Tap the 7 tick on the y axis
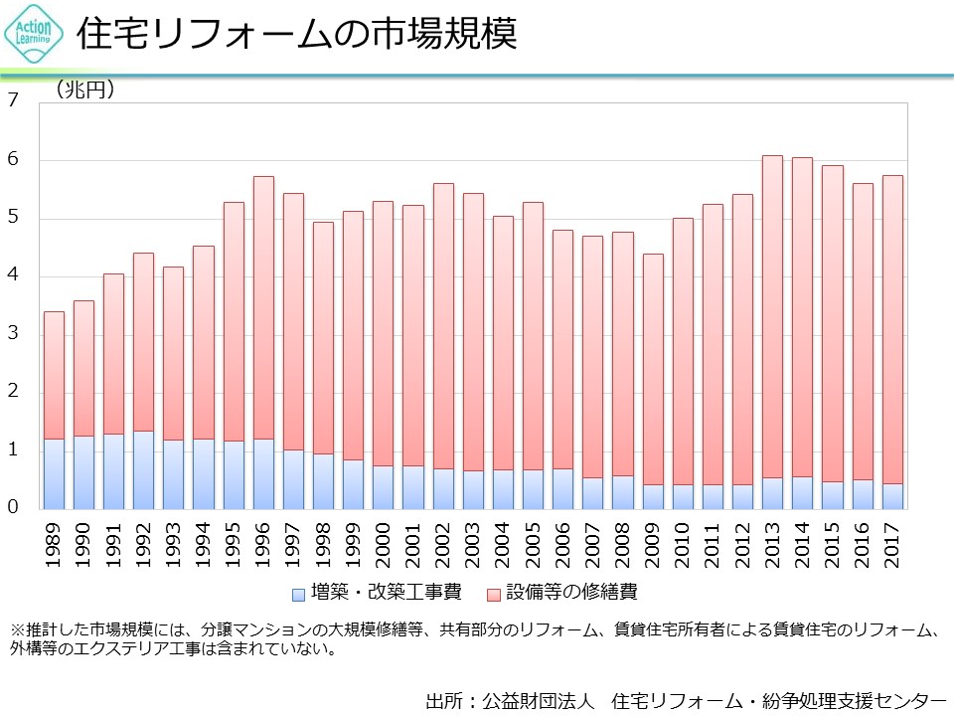[13, 100]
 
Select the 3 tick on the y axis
[13, 334]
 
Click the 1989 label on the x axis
[54, 541]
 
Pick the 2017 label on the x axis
[892, 541]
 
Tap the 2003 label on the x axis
[473, 541]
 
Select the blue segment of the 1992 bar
[143, 469]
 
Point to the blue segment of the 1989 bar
[54, 473]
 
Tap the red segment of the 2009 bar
[653, 369]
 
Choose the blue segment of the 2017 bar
[892, 496]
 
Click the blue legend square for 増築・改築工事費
[298, 594]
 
